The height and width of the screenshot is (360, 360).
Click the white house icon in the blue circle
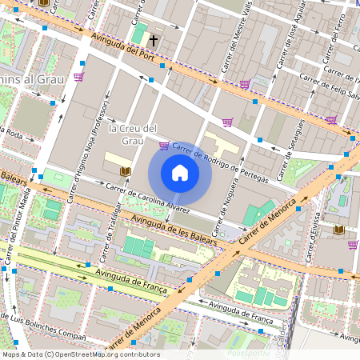pos(180,173)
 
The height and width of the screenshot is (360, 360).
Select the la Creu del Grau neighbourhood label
pos(132,134)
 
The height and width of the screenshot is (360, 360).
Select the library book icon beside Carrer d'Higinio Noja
pos(124,172)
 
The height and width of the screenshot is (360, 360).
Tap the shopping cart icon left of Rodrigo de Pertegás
pos(164,146)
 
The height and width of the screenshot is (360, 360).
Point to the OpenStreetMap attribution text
pos(80,354)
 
